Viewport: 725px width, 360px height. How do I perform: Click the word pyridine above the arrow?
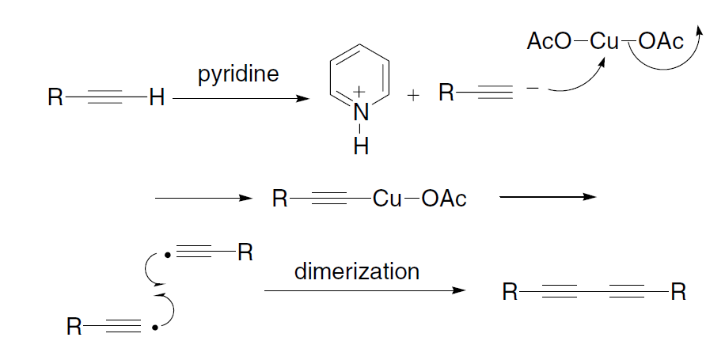[239, 77]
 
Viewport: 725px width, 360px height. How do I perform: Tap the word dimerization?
[356, 271]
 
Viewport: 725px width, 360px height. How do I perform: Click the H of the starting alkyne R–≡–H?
[156, 98]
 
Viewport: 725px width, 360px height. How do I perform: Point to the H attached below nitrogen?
[361, 147]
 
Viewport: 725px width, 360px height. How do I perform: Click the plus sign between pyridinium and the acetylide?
[412, 96]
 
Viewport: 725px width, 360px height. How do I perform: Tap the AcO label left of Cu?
[548, 42]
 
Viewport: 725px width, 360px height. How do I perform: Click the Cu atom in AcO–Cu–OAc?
[605, 42]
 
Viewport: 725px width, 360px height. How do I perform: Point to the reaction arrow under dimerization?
[364, 290]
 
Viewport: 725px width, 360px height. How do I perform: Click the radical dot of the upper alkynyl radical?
[166, 256]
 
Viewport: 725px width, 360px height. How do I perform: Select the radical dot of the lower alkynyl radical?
[154, 326]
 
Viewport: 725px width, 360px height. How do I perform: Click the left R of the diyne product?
[510, 294]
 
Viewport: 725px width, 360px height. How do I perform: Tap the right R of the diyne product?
[678, 294]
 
